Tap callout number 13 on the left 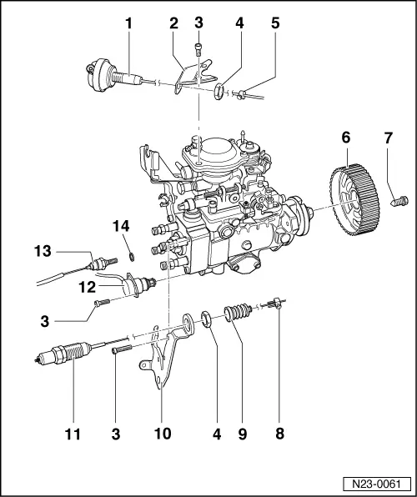coord(44,249)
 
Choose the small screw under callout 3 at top coord(198,48)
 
